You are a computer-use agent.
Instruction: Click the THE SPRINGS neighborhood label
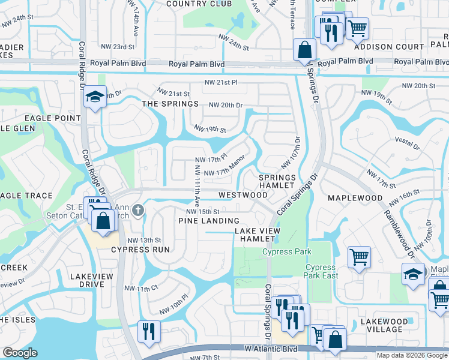coord(170,104)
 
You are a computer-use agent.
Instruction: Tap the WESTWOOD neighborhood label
coord(243,195)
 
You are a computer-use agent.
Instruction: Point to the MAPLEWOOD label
coord(355,197)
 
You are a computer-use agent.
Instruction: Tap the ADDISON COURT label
coord(381,46)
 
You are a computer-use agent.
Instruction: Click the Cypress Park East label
coord(321,272)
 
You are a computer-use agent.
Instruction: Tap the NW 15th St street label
coord(203,211)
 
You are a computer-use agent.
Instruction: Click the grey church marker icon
coord(138,210)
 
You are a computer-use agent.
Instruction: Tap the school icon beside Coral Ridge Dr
coord(95,97)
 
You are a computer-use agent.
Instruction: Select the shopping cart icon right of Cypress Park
coord(358,257)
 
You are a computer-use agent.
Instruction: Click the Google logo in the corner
coord(20,353)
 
